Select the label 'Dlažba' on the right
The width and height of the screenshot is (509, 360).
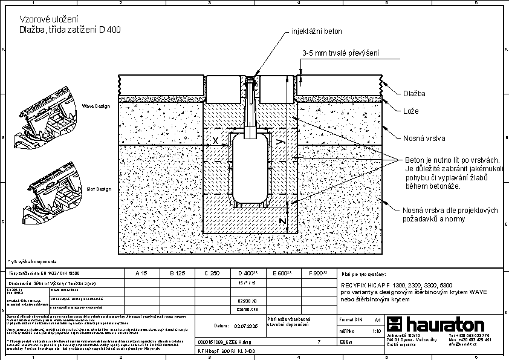pyautogui.click(x=414, y=94)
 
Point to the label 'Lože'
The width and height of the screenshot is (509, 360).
pyautogui.click(x=410, y=111)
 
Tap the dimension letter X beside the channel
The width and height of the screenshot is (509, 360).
pyautogui.click(x=215, y=140)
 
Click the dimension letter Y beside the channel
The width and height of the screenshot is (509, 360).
pyautogui.click(x=279, y=141)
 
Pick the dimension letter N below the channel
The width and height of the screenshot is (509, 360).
pyautogui.click(x=282, y=221)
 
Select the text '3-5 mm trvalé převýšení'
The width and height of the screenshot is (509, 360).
pyautogui.click(x=342, y=54)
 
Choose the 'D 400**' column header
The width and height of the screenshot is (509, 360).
pyautogui.click(x=248, y=273)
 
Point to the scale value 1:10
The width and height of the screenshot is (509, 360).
pyautogui.click(x=377, y=331)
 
